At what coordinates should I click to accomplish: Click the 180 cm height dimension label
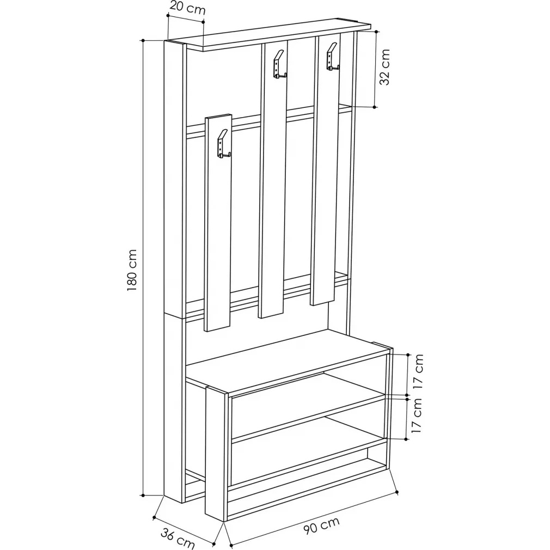[x=132, y=270]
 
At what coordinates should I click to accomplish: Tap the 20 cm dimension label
[x=187, y=8]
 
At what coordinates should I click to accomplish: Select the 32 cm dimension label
[x=385, y=67]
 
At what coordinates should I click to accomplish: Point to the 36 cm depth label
[x=178, y=537]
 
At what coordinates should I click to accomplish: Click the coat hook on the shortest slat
[x=223, y=144]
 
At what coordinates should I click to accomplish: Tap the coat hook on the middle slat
[x=279, y=64]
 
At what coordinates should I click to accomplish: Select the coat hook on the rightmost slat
[x=333, y=57]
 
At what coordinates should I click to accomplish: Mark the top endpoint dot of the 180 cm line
[x=143, y=41]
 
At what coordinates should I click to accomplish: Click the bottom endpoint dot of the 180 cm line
[x=143, y=496]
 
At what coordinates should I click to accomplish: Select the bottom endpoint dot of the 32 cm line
[x=375, y=107]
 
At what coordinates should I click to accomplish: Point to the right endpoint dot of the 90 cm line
[x=397, y=492]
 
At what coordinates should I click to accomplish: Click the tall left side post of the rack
[x=174, y=270]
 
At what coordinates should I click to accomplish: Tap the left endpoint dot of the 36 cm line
[x=154, y=517]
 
